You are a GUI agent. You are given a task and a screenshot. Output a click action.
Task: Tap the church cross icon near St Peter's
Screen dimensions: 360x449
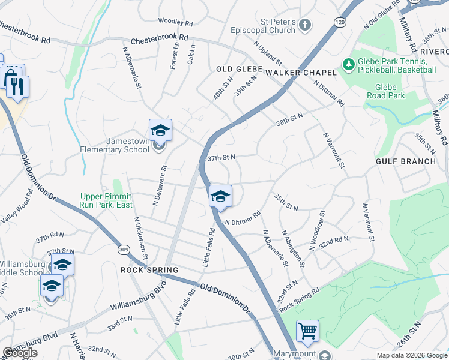305,25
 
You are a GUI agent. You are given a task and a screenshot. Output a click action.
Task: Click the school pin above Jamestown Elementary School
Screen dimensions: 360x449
160,130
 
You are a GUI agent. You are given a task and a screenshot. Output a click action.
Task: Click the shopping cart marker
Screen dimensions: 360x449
307,331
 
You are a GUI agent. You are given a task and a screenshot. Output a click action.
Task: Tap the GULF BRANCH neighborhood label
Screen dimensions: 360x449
406,161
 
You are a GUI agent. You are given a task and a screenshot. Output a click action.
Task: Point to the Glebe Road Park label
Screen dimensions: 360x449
385,91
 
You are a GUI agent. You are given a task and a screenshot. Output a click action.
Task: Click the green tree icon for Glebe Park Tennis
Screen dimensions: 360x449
348,63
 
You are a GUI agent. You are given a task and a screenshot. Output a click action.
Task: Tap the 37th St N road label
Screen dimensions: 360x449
220,157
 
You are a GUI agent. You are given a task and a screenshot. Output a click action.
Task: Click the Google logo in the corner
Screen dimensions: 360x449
20,353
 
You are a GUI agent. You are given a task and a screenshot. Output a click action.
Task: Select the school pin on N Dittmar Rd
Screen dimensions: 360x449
220,196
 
